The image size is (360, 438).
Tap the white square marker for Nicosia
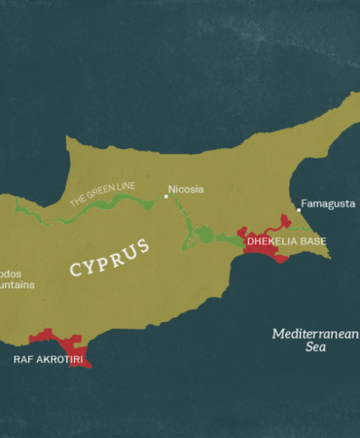tap(165, 196)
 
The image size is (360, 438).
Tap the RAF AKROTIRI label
tap(48, 359)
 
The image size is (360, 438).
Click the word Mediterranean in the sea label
tap(314, 334)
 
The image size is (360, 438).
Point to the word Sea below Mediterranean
tap(316, 347)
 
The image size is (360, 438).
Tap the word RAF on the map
tap(22, 359)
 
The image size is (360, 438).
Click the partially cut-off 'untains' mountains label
tap(17, 285)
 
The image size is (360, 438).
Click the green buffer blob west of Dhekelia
tap(204, 235)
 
